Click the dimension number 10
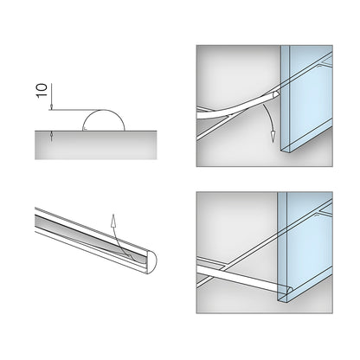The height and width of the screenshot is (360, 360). coord(42,91)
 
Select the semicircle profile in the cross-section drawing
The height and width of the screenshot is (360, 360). coord(104,110)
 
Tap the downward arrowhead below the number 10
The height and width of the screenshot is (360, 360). coord(51,107)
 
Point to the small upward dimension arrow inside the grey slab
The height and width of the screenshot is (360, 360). coord(51,135)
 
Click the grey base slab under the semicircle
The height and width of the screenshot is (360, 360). coord(96,145)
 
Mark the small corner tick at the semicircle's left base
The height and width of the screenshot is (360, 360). coord(85,129)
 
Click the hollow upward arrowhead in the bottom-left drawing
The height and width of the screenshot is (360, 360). coord(113,219)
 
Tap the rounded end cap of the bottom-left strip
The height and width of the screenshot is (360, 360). coord(152,262)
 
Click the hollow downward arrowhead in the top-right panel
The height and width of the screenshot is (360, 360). coord(273,137)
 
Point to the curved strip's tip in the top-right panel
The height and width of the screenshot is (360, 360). coord(276,94)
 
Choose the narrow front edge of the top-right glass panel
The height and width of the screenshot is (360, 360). coord(285,98)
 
